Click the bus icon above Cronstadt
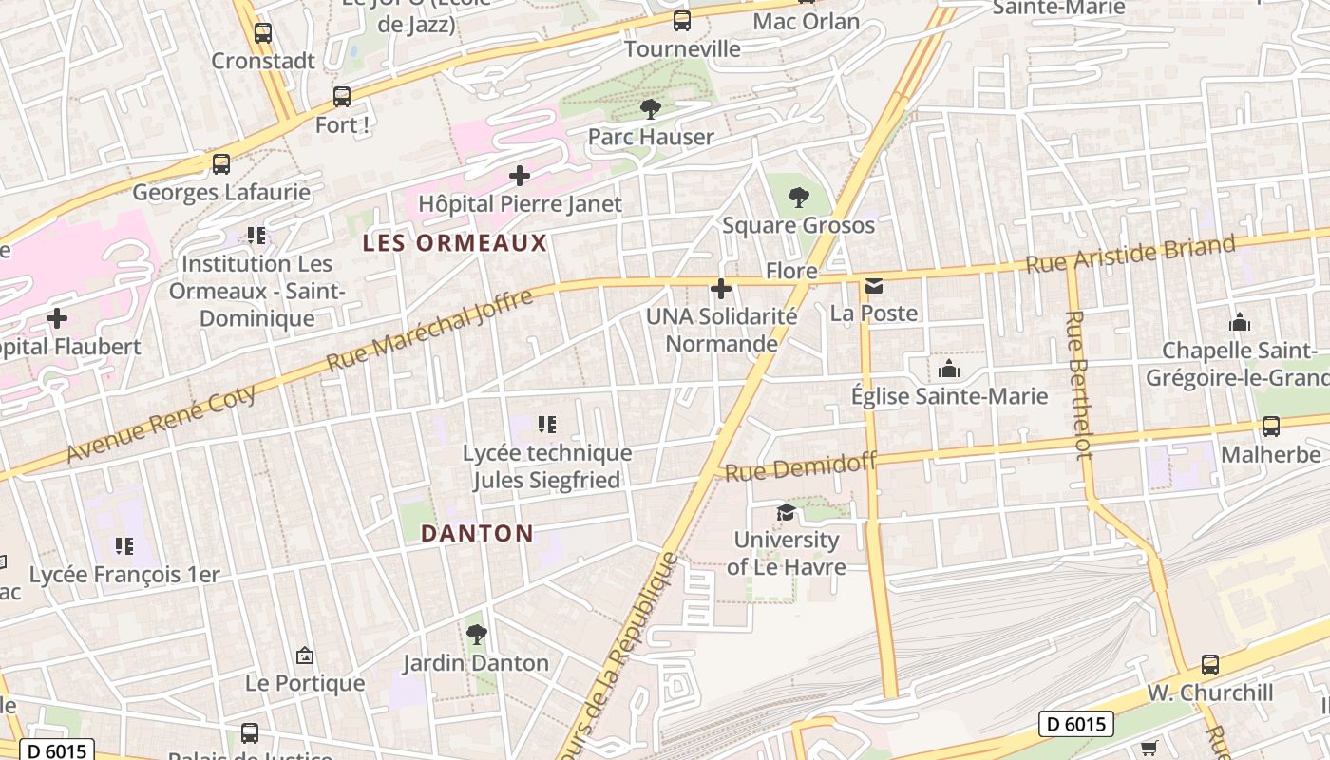(x=263, y=33)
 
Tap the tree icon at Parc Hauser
(x=651, y=109)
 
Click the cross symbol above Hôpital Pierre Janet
(x=520, y=176)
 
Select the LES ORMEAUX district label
(x=455, y=243)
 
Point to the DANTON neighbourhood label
(x=477, y=533)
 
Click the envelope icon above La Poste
(x=873, y=286)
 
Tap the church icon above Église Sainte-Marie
(x=948, y=369)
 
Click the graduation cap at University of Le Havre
(x=786, y=513)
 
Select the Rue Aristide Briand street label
(x=1130, y=255)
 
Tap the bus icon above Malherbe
(x=1270, y=427)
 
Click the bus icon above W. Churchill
(x=1209, y=665)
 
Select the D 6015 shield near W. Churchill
(x=1075, y=724)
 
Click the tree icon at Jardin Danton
(x=476, y=635)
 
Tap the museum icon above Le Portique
(x=305, y=655)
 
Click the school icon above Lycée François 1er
(x=123, y=546)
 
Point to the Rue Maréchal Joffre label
(x=429, y=331)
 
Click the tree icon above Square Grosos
(x=798, y=198)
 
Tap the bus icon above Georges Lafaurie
(x=221, y=164)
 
